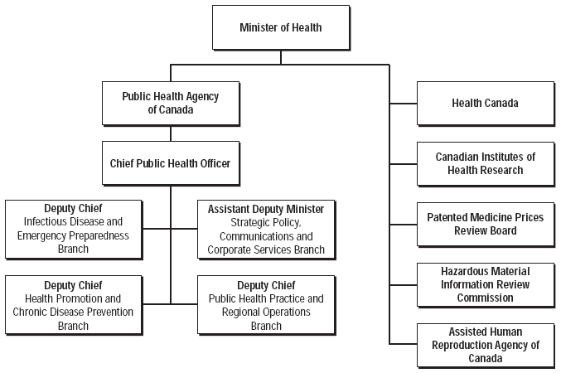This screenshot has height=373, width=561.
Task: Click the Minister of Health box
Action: [x=281, y=27]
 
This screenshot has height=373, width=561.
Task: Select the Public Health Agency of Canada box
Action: [x=171, y=104]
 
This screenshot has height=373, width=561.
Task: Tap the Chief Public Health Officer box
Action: [x=171, y=163]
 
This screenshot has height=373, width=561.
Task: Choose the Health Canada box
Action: [x=486, y=104]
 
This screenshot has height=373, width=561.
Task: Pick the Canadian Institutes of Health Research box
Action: [x=486, y=164]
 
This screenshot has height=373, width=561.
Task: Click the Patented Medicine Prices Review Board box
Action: [x=486, y=225]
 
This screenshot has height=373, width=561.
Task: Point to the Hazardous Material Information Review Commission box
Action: [x=486, y=285]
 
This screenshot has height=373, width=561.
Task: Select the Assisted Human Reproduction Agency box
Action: [x=486, y=346]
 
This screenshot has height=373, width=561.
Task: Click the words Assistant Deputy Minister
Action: [x=266, y=209]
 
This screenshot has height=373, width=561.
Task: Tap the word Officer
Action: [x=215, y=163]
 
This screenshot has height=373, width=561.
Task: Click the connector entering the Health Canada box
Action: [x=404, y=104]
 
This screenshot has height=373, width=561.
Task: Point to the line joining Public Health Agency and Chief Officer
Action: [x=171, y=133]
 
